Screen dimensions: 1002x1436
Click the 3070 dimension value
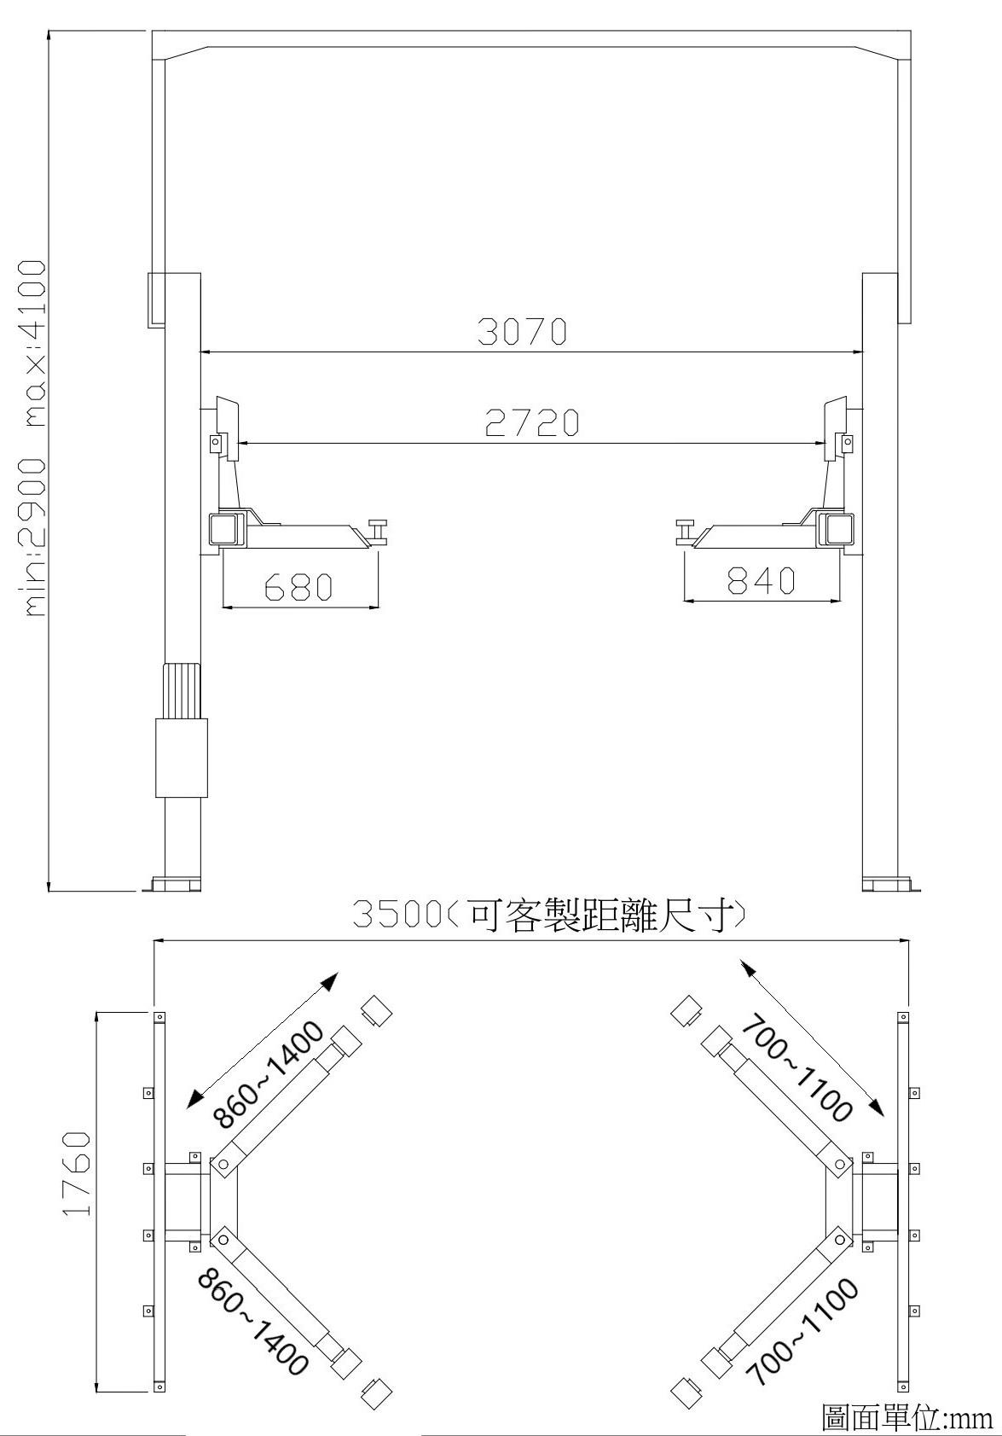click(522, 331)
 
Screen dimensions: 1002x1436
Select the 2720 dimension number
click(532, 422)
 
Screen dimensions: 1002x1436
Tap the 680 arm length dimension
click(299, 586)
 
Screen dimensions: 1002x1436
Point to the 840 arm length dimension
click(762, 579)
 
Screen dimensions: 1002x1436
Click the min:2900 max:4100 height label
click(35, 439)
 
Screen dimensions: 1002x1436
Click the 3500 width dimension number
click(396, 914)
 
